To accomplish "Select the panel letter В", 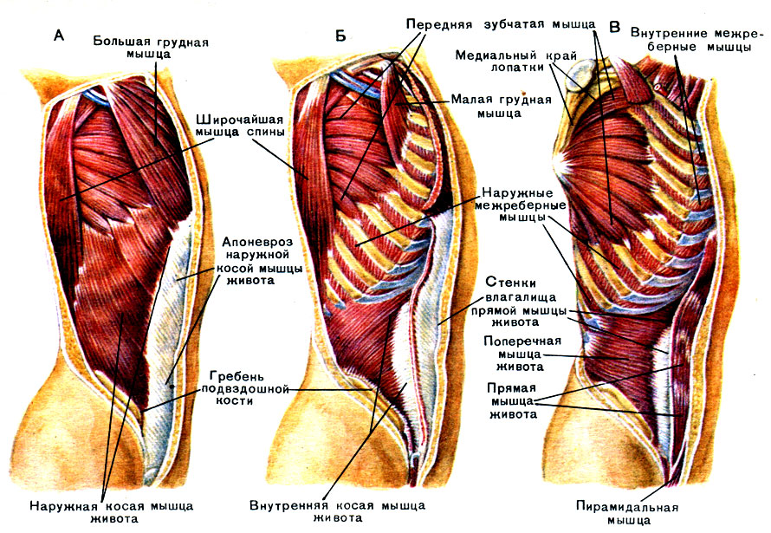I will (614, 27).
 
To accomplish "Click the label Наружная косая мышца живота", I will (110, 511).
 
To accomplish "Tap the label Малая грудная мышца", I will (501, 106).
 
